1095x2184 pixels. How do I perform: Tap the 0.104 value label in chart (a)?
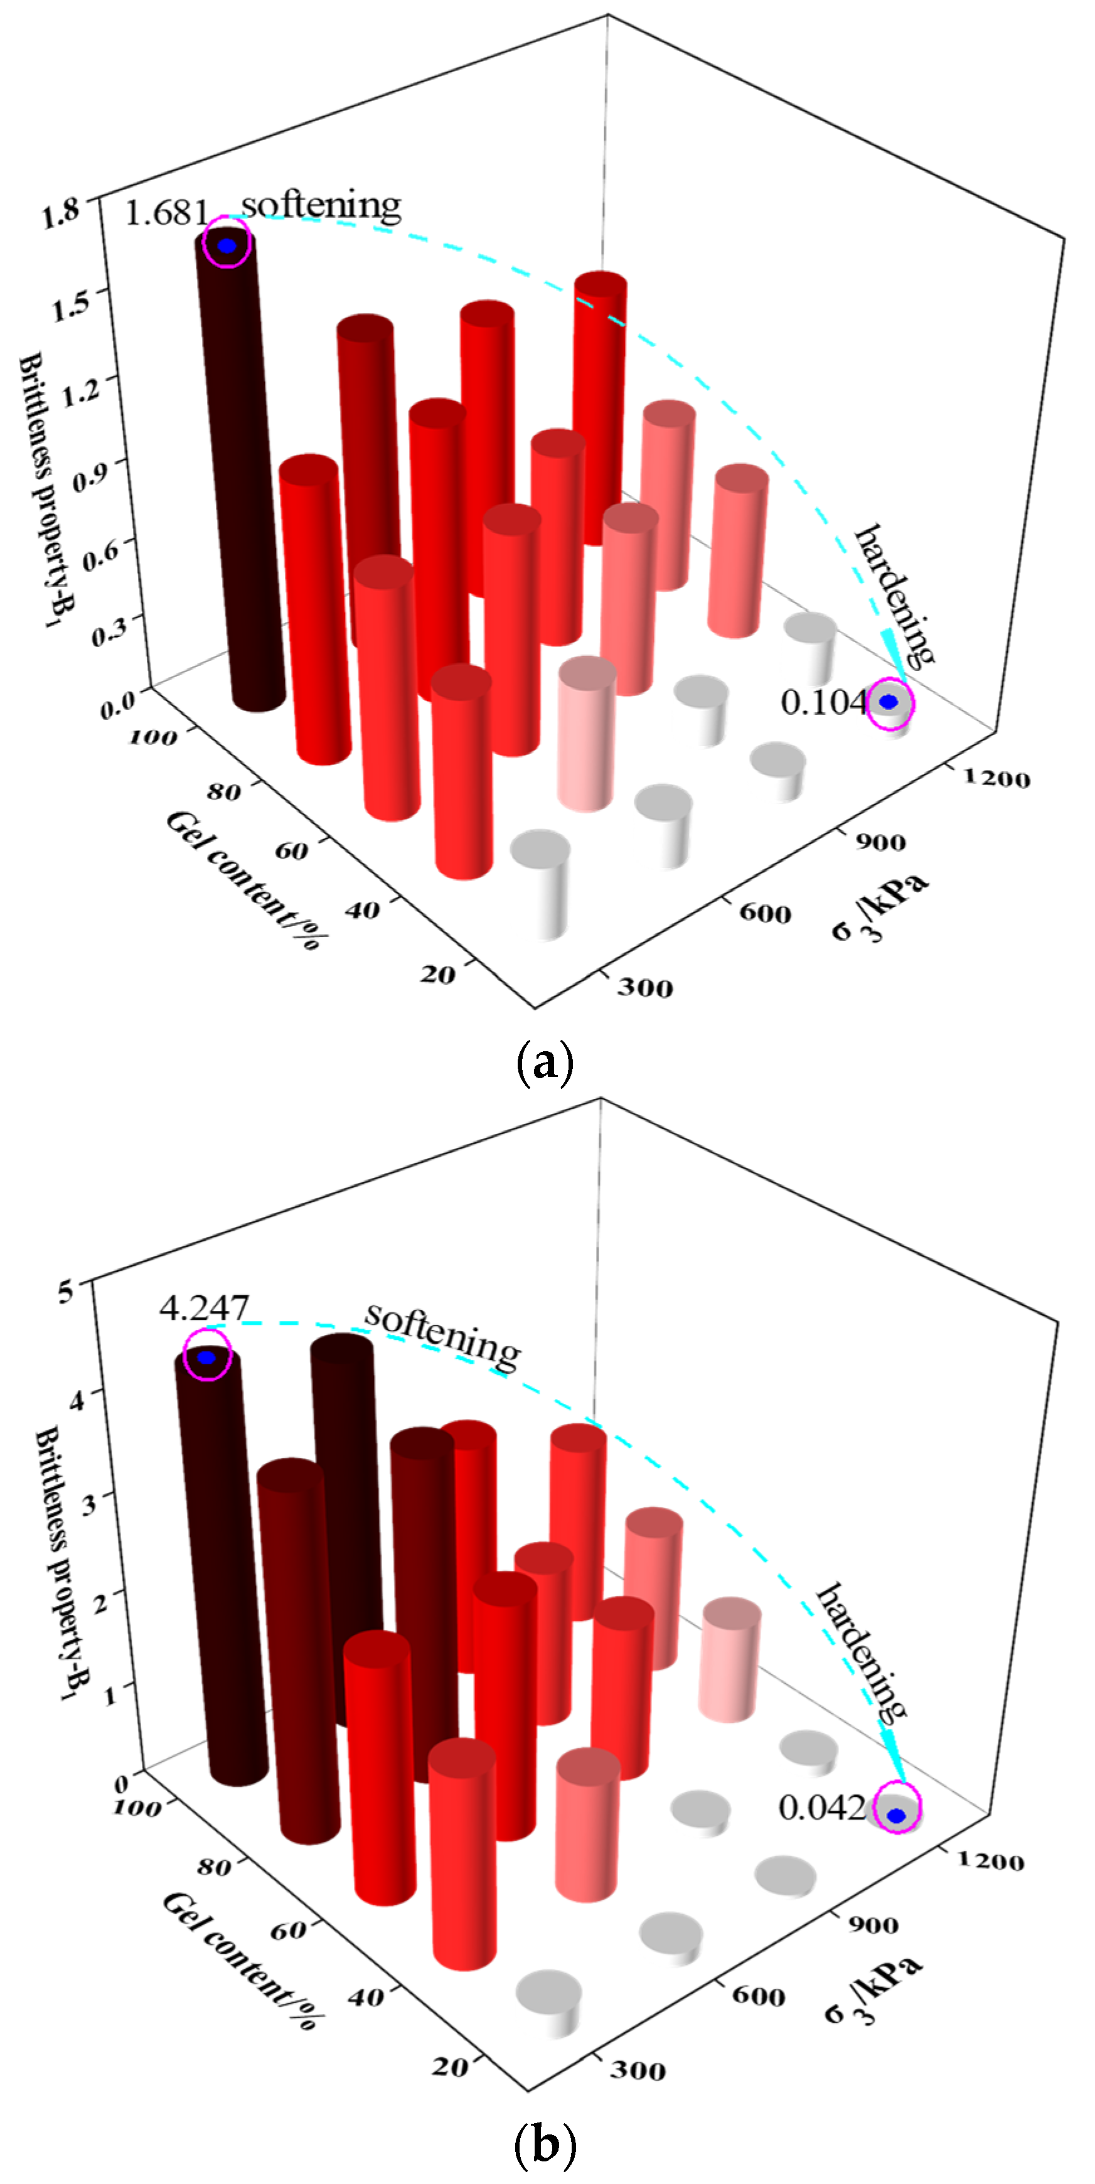coord(823,702)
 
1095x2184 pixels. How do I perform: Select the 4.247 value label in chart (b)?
coord(203,1308)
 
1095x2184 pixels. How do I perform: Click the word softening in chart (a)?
coord(321,206)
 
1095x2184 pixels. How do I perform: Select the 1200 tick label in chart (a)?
coord(996,778)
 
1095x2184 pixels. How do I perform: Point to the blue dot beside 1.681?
coord(227,245)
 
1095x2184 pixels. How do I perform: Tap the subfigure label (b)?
coord(545,2144)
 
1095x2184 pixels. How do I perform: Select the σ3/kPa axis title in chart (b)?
coord(873,1985)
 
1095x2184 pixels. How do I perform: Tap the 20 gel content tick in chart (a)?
coord(437,974)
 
